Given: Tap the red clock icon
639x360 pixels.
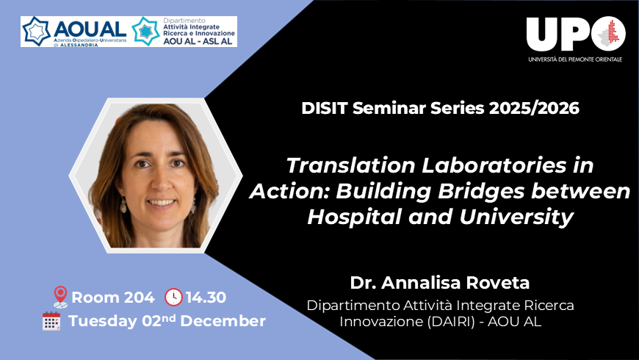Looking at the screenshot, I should click(x=173, y=297).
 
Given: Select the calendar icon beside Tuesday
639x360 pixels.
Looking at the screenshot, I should click(x=51, y=321).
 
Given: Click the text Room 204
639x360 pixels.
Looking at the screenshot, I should click(x=113, y=298).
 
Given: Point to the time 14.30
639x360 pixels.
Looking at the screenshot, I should click(x=206, y=298).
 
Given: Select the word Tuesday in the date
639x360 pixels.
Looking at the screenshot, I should click(x=99, y=321).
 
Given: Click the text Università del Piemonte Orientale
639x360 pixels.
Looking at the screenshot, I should click(x=574, y=59).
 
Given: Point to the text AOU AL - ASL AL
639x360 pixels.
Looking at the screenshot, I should click(x=198, y=41).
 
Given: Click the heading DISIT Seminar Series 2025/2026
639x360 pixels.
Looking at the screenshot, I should click(x=440, y=108).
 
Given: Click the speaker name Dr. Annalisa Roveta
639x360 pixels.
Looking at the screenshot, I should click(x=440, y=283).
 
